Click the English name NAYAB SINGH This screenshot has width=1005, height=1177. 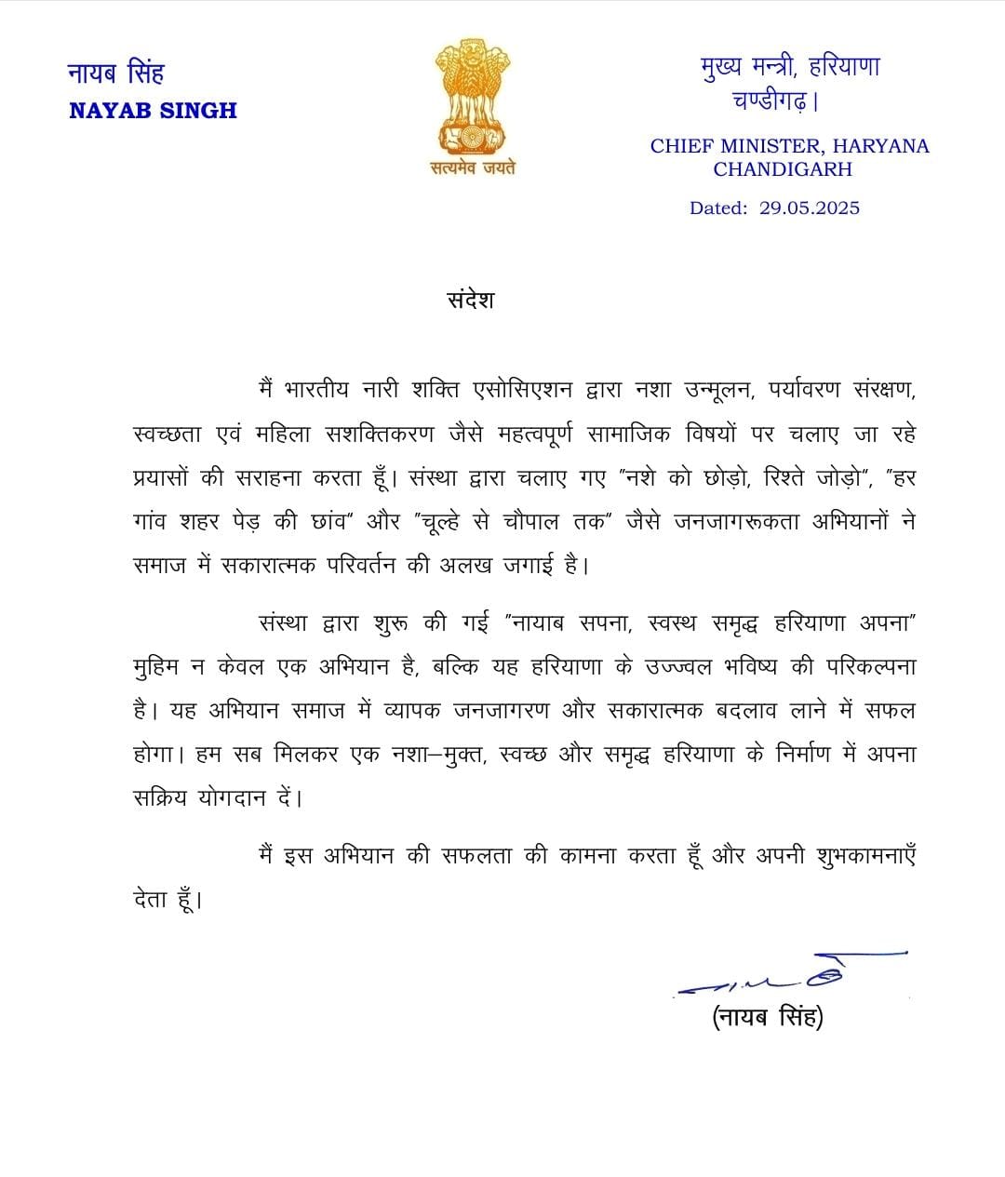153,111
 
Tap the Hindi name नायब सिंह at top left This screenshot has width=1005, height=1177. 115,73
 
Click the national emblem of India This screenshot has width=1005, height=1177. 473,98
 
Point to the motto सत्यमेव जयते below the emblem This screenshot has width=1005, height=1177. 473,168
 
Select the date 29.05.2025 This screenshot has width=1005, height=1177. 809,208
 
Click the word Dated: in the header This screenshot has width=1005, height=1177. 717,208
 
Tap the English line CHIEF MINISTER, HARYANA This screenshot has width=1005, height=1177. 789,146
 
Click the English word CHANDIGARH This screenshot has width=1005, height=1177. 783,169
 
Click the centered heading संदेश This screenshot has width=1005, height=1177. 470,301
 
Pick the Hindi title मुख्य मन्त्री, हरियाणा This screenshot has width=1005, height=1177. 790,67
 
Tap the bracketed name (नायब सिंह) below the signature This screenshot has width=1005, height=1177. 768,1017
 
